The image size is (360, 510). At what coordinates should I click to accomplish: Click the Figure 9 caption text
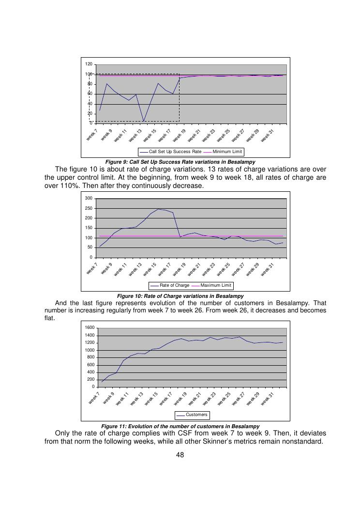pyautogui.click(x=180, y=162)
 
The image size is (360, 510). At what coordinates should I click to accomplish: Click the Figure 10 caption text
pyautogui.click(x=180, y=295)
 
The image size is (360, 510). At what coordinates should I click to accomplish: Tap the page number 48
pyautogui.click(x=180, y=455)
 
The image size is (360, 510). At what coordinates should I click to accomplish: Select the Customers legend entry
pyautogui.click(x=196, y=415)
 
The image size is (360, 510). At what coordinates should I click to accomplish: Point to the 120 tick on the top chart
pyautogui.click(x=89, y=64)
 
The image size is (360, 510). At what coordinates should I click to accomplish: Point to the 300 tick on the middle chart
pyautogui.click(x=89, y=198)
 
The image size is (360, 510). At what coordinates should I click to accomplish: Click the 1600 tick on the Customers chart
pyautogui.click(x=90, y=328)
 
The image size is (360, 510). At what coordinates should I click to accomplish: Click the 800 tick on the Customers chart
pyautogui.click(x=91, y=357)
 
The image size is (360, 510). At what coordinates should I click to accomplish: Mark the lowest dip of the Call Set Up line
pyautogui.click(x=144, y=121)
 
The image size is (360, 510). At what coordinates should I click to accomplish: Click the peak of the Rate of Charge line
pyautogui.click(x=158, y=209)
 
